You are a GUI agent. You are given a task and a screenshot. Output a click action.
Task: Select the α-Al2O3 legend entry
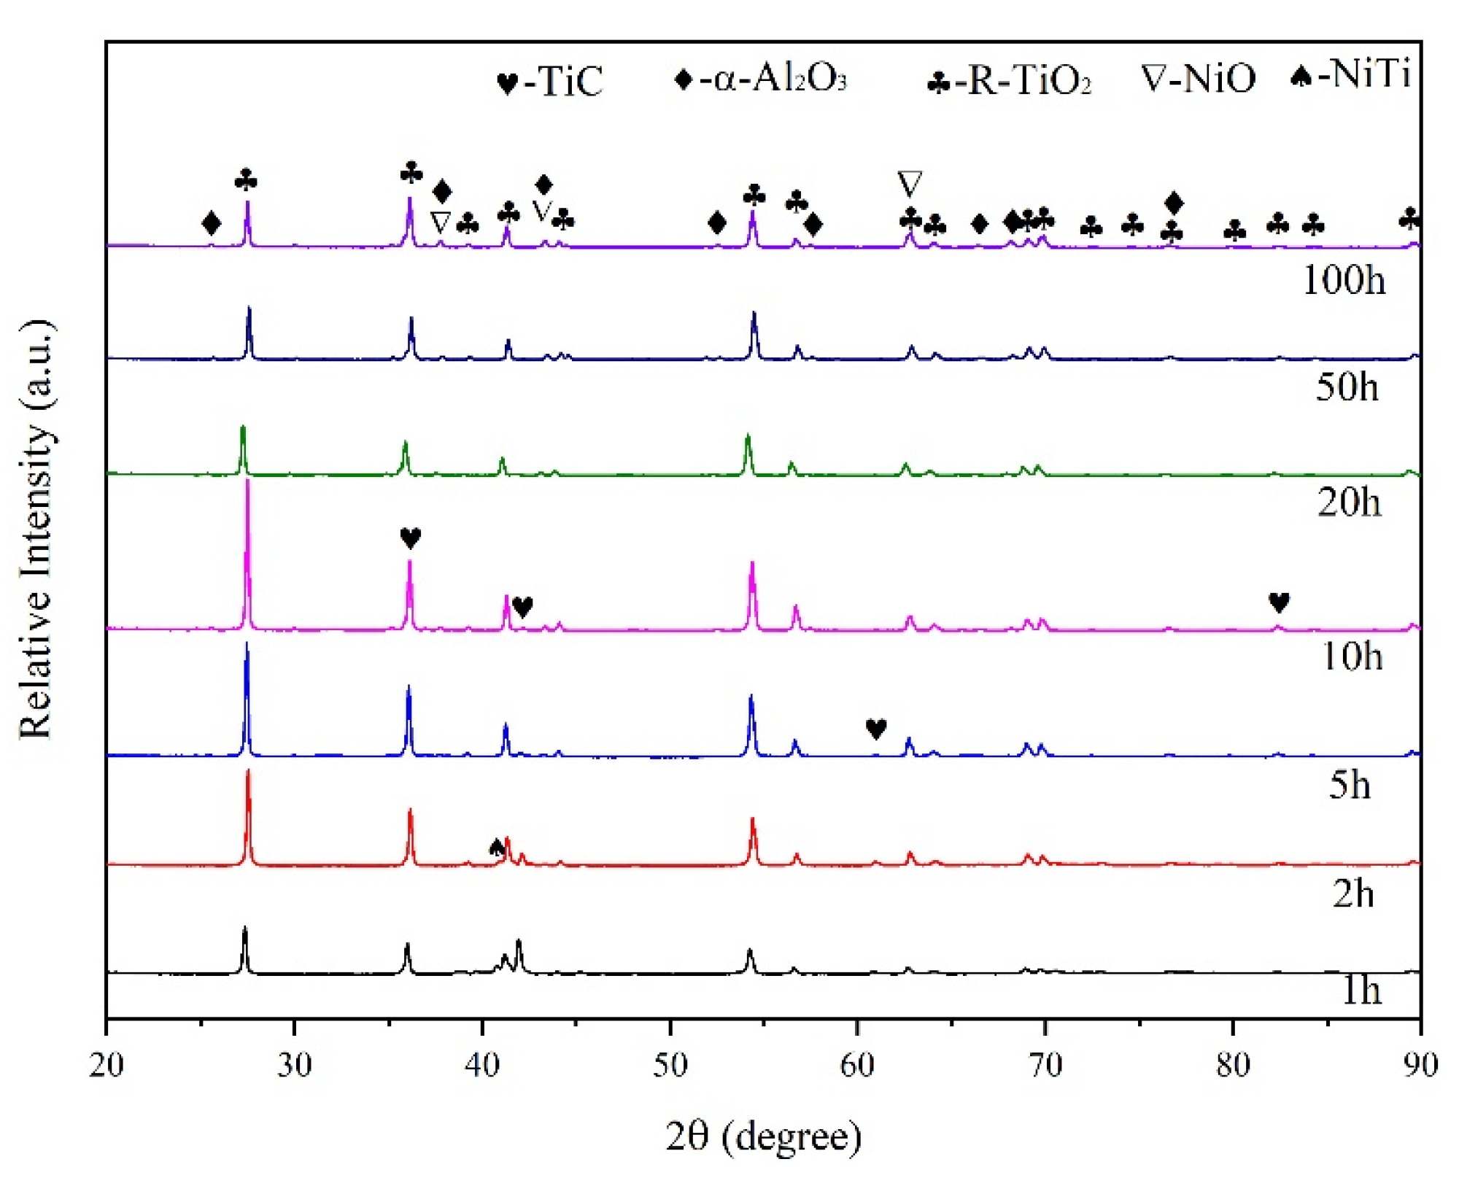tap(761, 78)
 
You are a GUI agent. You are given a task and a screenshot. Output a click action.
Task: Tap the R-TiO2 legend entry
tap(1010, 80)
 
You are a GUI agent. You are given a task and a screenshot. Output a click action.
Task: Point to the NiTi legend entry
tap(1350, 74)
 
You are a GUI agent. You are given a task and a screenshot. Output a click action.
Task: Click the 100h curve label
tap(1343, 280)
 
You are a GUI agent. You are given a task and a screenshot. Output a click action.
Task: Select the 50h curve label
tap(1347, 387)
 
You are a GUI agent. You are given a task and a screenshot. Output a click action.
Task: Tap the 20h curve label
tap(1349, 503)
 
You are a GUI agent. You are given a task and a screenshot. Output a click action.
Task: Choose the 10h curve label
tap(1351, 656)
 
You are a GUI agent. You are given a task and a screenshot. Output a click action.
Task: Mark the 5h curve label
tap(1349, 786)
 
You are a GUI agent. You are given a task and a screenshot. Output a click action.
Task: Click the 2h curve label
tap(1352, 894)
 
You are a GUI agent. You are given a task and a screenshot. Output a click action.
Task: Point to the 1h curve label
tap(1361, 991)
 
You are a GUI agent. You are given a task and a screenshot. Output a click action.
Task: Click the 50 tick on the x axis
tap(670, 1066)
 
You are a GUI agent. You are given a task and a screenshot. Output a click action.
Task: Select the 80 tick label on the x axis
tap(1233, 1066)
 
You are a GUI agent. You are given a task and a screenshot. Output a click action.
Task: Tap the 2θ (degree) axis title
tap(763, 1136)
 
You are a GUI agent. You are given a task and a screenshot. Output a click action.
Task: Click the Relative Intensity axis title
tap(36, 529)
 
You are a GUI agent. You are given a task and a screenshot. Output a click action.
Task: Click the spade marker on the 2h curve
tap(497, 847)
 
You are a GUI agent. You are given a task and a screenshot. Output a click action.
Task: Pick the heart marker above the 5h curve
tap(876, 728)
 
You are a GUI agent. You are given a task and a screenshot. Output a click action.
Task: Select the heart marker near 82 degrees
tap(1279, 602)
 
